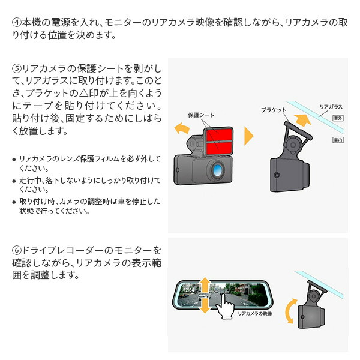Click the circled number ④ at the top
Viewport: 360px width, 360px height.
[x=16, y=23]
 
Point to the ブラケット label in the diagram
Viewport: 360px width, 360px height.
[x=274, y=110]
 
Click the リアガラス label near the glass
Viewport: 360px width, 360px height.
[x=331, y=106]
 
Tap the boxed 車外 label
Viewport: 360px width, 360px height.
[x=337, y=119]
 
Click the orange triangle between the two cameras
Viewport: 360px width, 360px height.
[x=248, y=136]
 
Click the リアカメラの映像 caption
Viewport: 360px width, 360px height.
[x=255, y=313]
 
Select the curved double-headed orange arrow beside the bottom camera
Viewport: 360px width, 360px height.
[x=290, y=312]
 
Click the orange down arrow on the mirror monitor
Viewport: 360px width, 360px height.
[x=205, y=307]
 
